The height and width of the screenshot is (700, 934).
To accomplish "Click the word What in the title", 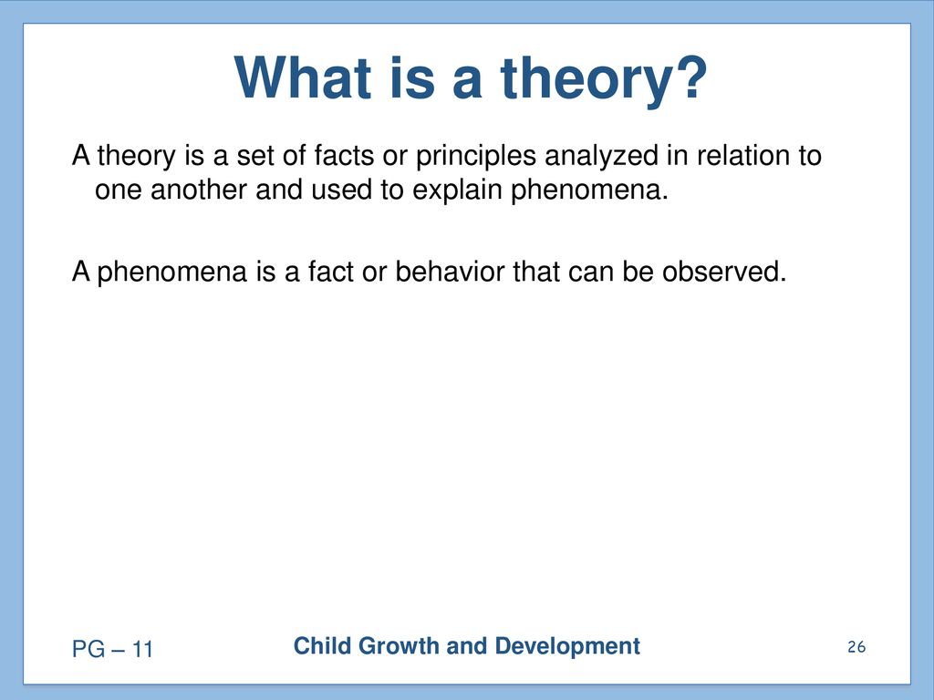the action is pos(303,77).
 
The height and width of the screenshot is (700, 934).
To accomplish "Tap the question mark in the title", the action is pos(692,77).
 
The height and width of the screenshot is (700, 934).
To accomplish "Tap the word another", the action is pos(198,190).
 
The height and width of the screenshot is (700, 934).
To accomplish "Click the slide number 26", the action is pos(856,647).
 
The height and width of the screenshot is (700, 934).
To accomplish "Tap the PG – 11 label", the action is pos(112,649).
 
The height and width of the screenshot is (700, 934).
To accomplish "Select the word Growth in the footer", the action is pos(399,646).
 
